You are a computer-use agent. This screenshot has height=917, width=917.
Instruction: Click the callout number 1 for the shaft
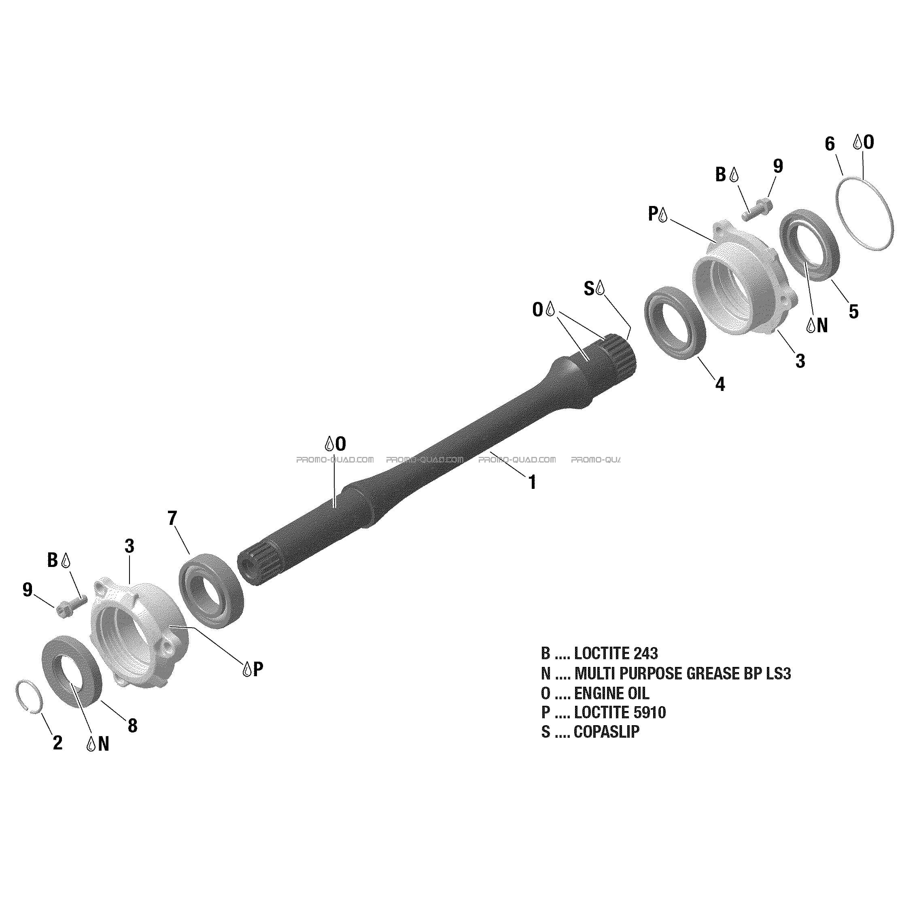click(x=533, y=482)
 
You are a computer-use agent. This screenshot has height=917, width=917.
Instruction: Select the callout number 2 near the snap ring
click(x=57, y=743)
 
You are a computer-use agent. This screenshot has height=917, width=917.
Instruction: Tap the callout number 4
click(x=720, y=384)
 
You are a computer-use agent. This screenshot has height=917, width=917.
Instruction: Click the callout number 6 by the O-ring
click(x=830, y=143)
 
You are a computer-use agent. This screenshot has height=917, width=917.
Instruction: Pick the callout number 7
click(x=172, y=518)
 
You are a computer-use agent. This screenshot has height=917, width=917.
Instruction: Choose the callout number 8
click(x=132, y=725)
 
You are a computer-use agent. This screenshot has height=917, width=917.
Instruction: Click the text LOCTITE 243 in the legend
click(x=616, y=653)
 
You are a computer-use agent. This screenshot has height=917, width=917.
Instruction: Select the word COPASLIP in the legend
click(x=607, y=731)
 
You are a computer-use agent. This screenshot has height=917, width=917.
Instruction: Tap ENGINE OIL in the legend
click(x=611, y=693)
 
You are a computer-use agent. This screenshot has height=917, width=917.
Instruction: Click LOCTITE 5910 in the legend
click(x=620, y=712)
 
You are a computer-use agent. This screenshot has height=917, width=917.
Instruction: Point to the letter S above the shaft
click(x=588, y=288)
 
